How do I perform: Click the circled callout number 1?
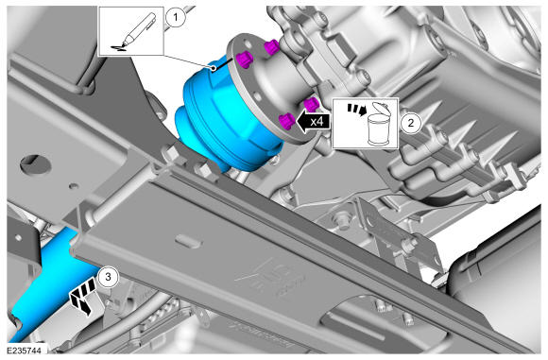[176, 17]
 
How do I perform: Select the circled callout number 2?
[411, 123]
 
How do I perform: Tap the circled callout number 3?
[108, 277]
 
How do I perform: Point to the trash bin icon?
[380, 124]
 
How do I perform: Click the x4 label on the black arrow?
[317, 122]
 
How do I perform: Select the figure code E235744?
[24, 351]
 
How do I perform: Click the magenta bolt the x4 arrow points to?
[287, 121]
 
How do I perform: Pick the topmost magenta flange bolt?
[271, 46]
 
